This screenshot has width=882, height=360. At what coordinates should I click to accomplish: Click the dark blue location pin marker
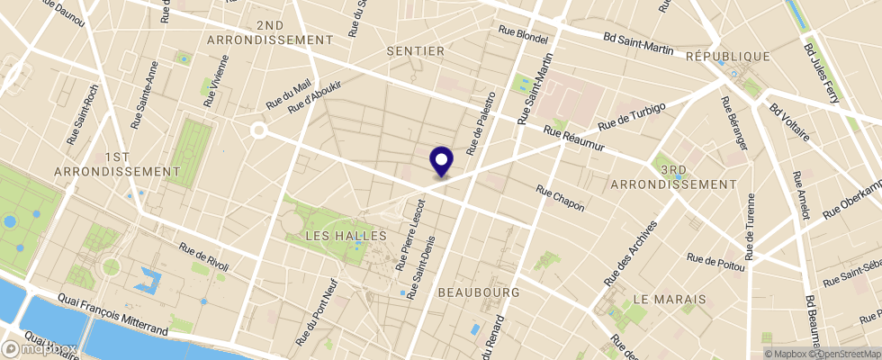(x=442, y=161)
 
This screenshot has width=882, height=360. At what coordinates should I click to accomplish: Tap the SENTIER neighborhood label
(x=416, y=51)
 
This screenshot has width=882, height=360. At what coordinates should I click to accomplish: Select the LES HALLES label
(x=346, y=235)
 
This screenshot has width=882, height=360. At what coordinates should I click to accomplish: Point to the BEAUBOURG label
(x=479, y=293)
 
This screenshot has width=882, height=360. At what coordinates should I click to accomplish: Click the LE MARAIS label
(x=665, y=297)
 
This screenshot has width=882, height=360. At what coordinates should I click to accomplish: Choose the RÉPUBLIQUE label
(x=728, y=56)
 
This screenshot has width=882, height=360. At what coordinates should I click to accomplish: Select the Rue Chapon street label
(x=560, y=199)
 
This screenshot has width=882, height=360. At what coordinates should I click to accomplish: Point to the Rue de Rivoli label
(x=204, y=257)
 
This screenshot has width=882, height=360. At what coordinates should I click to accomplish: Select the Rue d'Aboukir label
(x=315, y=96)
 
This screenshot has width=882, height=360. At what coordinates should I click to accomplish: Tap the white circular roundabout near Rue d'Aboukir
(x=259, y=130)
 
